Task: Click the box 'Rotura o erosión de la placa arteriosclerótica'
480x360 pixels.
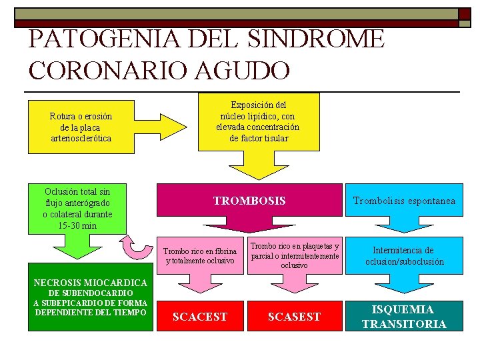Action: tap(81, 127)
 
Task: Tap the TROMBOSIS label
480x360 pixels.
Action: tap(249, 201)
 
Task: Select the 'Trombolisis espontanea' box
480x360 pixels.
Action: tap(404, 201)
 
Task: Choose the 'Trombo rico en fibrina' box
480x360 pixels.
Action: tap(201, 255)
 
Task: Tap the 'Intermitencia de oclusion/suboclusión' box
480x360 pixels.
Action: tap(404, 255)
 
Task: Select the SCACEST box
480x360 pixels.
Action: tap(200, 317)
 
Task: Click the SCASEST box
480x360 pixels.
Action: tap(294, 317)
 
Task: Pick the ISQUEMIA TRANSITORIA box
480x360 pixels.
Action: tap(404, 317)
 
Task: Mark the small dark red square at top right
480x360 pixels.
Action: tap(464, 14)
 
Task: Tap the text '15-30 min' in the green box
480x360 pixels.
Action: tap(77, 225)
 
